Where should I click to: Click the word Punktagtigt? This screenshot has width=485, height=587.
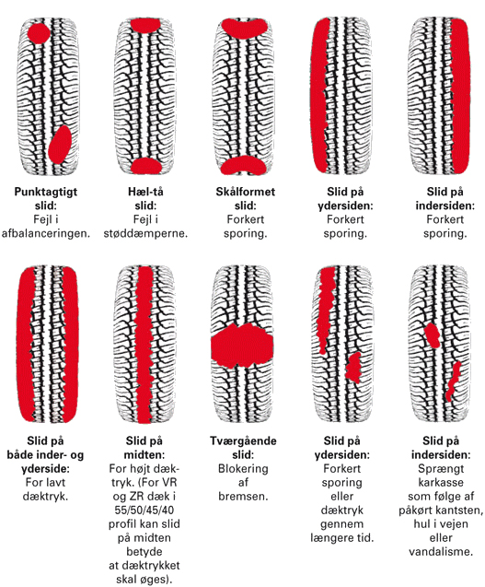click(46, 192)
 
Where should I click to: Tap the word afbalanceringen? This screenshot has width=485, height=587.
click(46, 233)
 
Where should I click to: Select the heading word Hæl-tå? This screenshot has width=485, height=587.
click(145, 192)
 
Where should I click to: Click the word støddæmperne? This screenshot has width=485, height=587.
click(145, 233)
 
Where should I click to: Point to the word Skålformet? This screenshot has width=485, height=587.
click(246, 192)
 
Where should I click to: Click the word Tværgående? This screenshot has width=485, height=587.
click(243, 440)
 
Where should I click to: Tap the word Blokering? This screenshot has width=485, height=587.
click(243, 469)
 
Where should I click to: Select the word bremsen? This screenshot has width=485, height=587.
click(243, 497)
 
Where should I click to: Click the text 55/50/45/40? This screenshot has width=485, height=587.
click(144, 511)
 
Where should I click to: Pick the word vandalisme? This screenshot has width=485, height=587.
click(441, 552)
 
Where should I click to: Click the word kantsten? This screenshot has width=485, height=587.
click(461, 511)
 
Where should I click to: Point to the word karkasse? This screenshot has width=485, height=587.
click(441, 482)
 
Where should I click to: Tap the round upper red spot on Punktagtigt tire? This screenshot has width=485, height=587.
click(39, 33)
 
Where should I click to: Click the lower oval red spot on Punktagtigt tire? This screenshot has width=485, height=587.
click(60, 144)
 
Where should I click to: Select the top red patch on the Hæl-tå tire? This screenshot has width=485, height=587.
click(145, 26)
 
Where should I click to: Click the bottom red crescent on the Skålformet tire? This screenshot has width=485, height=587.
click(244, 166)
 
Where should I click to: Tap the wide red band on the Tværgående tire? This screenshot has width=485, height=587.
click(242, 346)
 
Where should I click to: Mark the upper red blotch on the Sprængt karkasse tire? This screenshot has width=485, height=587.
click(433, 335)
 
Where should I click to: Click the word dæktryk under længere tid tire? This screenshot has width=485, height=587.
click(342, 511)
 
